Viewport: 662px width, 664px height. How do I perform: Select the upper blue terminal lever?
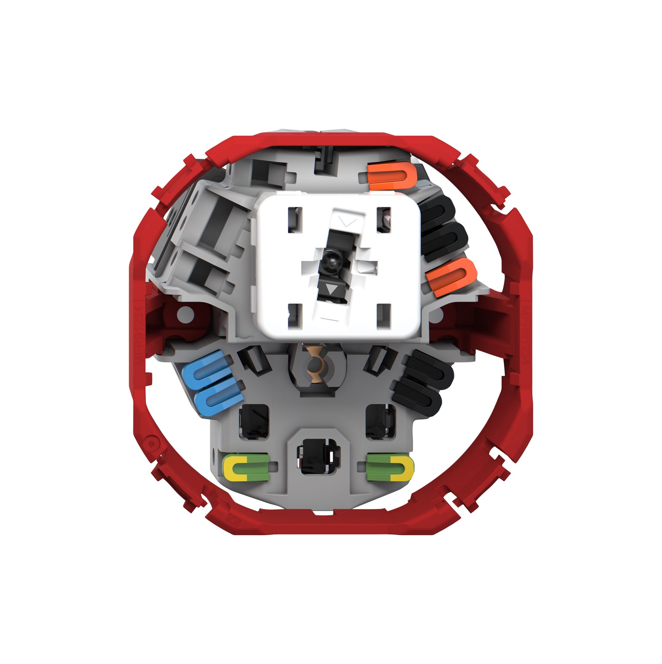(x=206, y=370)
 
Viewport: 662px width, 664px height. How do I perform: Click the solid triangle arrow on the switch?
(x=332, y=289)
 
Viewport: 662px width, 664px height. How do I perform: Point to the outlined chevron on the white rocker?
(x=347, y=221)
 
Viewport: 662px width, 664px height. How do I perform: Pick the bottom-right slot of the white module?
(x=384, y=316)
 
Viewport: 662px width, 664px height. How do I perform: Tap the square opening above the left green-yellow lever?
(x=253, y=421)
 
